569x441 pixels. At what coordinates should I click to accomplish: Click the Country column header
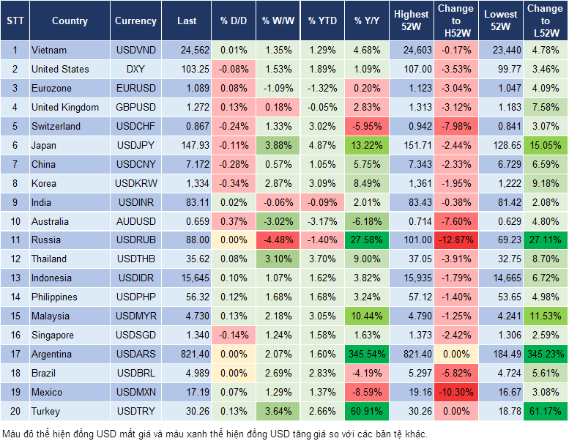[70, 21]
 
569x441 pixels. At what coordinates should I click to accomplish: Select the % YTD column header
[321, 21]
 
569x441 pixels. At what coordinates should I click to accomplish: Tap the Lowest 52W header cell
[502, 21]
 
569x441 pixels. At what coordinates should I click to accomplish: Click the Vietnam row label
[49, 50]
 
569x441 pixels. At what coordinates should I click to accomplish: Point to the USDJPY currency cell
[135, 145]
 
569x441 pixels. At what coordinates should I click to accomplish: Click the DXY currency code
[135, 69]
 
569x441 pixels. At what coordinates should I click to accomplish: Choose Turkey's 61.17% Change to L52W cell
[545, 411]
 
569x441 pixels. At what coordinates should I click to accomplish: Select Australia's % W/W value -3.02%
[276, 220]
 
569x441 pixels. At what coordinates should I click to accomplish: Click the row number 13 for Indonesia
[14, 278]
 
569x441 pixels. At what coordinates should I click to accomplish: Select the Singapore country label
[52, 335]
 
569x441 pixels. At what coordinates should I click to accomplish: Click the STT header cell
[14, 21]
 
